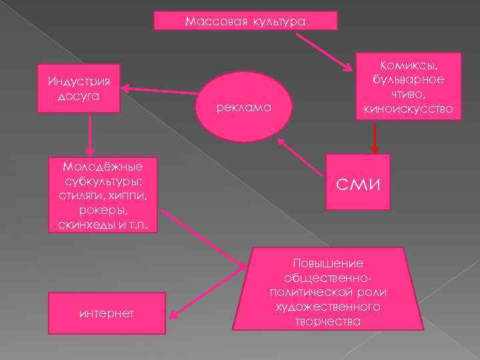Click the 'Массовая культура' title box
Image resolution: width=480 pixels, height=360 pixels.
245,21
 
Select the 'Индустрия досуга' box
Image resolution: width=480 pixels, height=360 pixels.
79,89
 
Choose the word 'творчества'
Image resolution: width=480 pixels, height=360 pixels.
328,321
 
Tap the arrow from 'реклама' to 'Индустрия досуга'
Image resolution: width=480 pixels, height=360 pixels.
160,89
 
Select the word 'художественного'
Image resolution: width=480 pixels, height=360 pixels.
328,307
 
